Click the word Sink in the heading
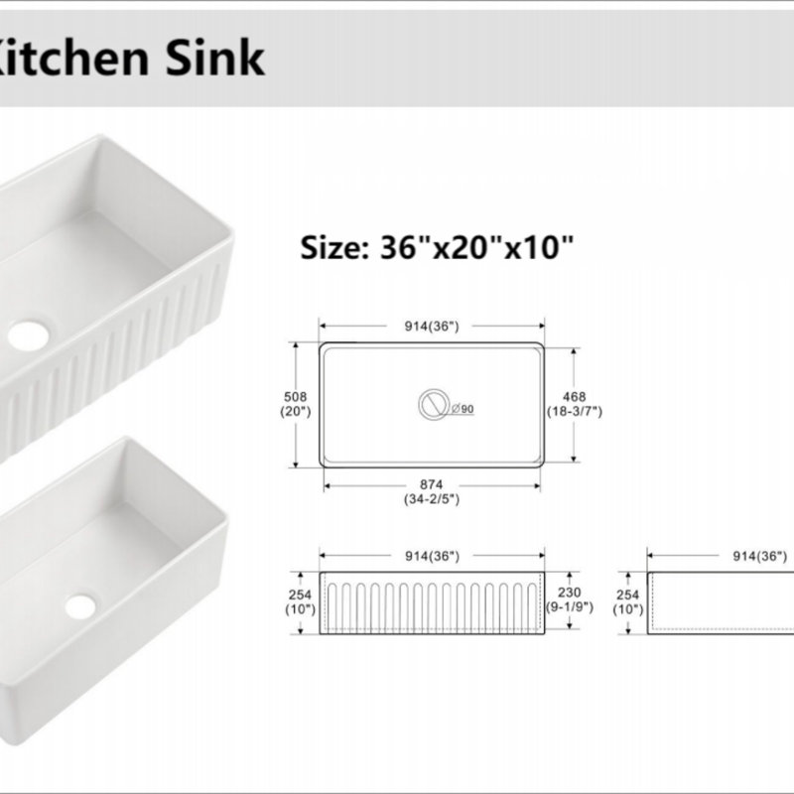coord(214,57)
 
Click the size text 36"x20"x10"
coord(476,247)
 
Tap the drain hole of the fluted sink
coord(29,334)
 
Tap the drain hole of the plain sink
coord(80,606)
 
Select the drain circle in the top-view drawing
coord(434,405)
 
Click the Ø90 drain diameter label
coord(463,409)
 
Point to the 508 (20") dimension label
coord(295,404)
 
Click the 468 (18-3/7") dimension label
coord(575,404)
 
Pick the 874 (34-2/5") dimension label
coord(432,491)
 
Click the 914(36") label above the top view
coord(432,327)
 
